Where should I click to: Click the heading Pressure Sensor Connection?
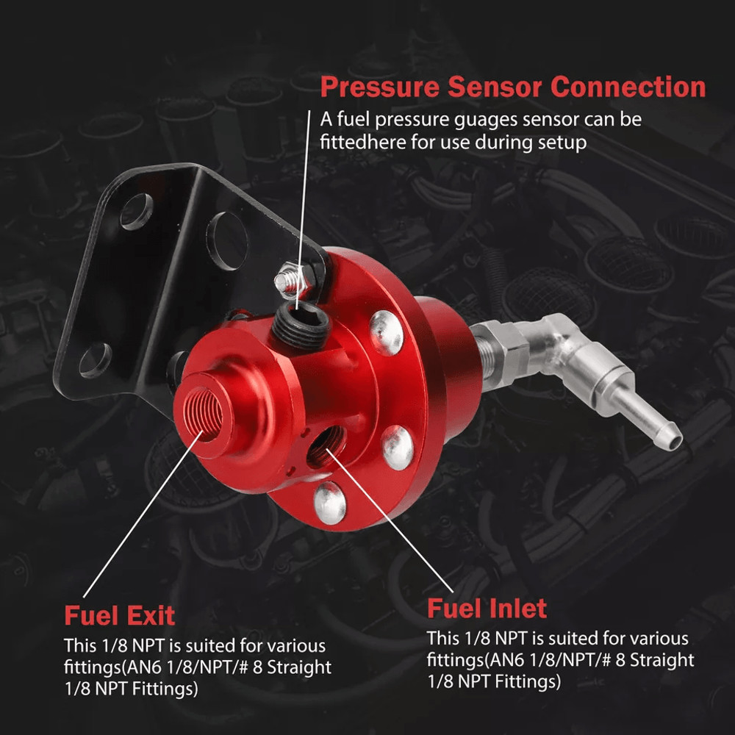(x=512, y=87)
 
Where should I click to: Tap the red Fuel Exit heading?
(x=119, y=614)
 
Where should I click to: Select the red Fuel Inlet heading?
(x=487, y=609)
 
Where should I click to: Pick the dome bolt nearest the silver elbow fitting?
(x=387, y=331)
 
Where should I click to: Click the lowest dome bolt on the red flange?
(x=329, y=501)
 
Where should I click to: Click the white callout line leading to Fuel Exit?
(x=140, y=514)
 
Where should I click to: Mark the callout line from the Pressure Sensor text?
(x=304, y=220)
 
